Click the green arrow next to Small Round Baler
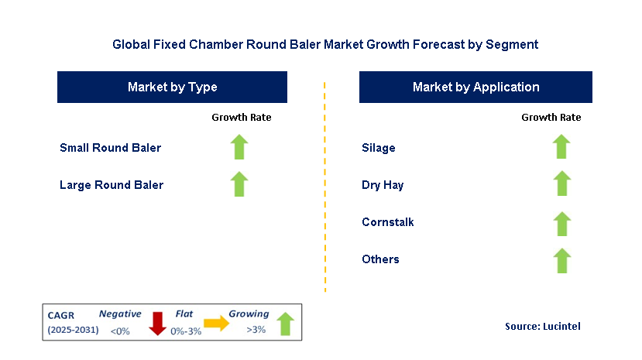pos(239,147)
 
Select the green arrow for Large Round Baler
pos(239,184)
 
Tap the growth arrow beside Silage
pos(561,146)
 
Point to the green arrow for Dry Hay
pos(561,183)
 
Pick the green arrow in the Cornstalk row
pos(561,224)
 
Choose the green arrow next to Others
pos(561,261)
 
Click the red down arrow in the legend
pos(157,324)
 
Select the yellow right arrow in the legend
pos(217,323)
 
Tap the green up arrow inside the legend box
pos(286,324)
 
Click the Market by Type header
pos(173,87)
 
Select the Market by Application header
pos(475,87)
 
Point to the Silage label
pos(379,148)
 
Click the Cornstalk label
pos(388,222)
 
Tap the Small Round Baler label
pos(111,148)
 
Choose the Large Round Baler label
pos(112,185)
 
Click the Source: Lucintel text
pos(543,326)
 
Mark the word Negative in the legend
pos(120,314)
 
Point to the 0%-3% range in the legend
pos(186,331)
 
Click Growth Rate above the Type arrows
pos(242,118)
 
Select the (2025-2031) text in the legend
pos(74,330)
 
